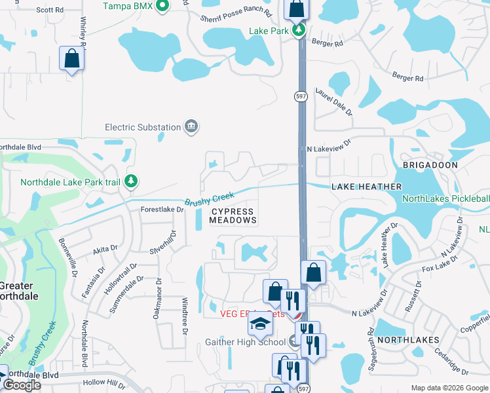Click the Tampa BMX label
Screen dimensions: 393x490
[128, 6]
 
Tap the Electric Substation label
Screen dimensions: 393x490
[143, 127]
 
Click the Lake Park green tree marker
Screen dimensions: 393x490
[299, 30]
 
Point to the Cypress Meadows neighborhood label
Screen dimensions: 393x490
[233, 216]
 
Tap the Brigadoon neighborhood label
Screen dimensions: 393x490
[430, 165]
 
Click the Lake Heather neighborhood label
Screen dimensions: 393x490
[366, 187]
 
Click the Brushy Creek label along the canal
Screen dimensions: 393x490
[209, 198]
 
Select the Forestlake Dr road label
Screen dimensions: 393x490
[162, 210]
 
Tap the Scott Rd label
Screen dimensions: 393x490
[50, 10]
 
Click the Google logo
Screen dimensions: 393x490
[22, 385]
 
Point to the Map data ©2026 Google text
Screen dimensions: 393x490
[449, 388]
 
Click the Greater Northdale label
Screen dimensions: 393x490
[18, 291]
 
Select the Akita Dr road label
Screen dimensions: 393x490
[105, 249]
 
